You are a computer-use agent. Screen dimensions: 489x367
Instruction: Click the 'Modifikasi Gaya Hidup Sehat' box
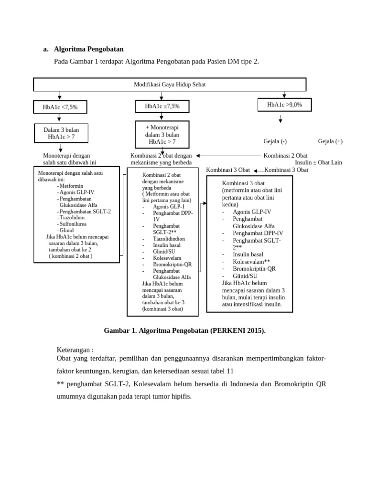click(x=170, y=85)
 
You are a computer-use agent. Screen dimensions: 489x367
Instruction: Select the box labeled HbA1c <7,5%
click(x=60, y=107)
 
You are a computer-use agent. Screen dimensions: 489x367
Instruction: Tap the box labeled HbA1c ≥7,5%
click(x=162, y=106)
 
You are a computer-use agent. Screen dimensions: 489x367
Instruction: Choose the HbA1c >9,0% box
click(x=284, y=105)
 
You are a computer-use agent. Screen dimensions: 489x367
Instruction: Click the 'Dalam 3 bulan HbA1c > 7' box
click(x=61, y=133)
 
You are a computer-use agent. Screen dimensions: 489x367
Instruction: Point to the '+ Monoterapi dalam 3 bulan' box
click(x=162, y=135)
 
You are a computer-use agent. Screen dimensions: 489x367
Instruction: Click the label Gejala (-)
click(x=275, y=141)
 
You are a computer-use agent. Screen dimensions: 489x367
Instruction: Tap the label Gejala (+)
click(x=330, y=141)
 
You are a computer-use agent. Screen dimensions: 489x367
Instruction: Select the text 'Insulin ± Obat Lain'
click(x=318, y=162)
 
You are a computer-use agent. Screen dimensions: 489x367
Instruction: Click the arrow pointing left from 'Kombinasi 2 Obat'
click(x=228, y=156)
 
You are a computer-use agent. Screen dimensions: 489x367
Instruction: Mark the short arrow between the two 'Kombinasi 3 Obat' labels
click(x=258, y=170)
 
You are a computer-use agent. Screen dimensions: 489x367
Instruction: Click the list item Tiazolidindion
click(x=169, y=238)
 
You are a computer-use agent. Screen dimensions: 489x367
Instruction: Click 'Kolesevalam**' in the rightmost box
click(x=251, y=261)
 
